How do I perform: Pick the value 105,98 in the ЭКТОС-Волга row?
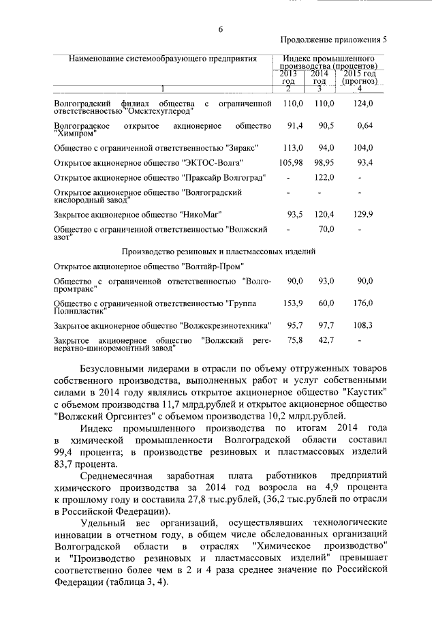pyautogui.click(x=290, y=162)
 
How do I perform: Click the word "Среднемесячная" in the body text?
pyautogui.click(x=119, y=475)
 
